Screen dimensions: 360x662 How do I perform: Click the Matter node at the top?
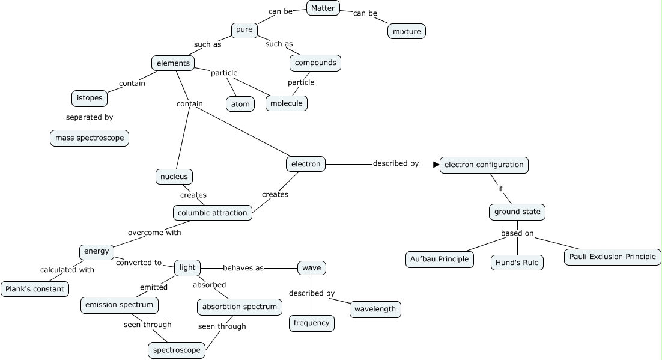coord(323,8)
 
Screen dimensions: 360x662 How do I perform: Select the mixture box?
coord(406,31)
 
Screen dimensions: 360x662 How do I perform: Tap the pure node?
coord(244,30)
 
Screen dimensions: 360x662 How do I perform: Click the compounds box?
coord(315,63)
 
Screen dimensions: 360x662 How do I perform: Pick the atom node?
coord(240,103)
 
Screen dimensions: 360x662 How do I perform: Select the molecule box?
coord(287,103)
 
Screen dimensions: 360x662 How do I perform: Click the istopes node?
coord(90,98)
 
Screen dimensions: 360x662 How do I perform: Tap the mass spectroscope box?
coord(90,138)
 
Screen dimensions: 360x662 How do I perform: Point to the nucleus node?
coord(174,177)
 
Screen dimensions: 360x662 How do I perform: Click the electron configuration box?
coord(484,165)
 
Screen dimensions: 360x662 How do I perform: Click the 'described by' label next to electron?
coord(395,163)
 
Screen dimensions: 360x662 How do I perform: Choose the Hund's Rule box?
coord(517,263)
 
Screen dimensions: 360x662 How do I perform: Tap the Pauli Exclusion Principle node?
coord(612,257)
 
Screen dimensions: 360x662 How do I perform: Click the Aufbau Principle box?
coord(440,259)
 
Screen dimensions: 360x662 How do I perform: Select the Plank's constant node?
coord(34,289)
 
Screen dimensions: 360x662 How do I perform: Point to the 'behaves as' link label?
coord(243,268)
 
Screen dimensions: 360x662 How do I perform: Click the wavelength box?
coord(375,310)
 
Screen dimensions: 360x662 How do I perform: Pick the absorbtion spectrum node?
coord(240,307)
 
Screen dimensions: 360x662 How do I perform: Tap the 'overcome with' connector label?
coord(154,232)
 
